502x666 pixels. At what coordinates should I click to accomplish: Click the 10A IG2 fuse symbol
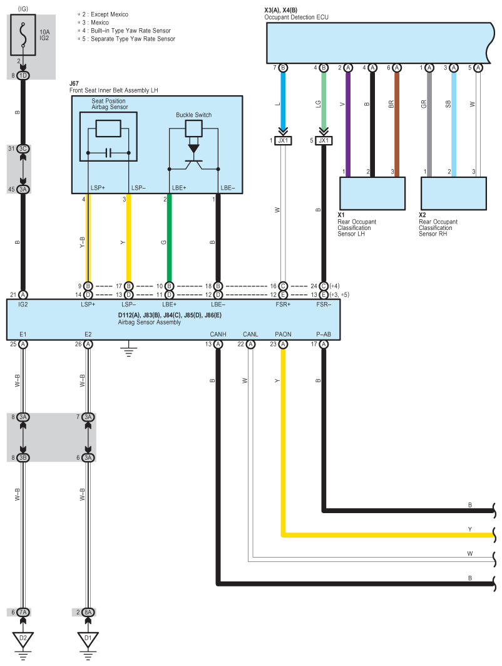23,35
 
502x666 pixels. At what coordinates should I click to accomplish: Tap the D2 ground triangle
23,638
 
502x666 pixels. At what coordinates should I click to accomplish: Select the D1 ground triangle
88,638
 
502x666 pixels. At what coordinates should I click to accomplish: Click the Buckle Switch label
193,115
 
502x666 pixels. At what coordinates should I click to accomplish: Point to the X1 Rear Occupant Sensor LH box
372,193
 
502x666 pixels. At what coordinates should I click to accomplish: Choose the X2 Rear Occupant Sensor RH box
453,193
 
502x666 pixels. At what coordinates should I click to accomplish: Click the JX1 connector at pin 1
283,140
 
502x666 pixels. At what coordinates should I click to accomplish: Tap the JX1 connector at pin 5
324,140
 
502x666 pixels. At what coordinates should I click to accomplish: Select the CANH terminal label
218,335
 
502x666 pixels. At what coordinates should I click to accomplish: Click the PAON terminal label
283,335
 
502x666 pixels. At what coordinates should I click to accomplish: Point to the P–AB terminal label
324,335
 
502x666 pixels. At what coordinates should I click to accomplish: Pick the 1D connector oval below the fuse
23,76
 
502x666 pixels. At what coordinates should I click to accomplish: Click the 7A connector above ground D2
23,612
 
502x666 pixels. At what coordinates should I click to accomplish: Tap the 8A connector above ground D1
88,612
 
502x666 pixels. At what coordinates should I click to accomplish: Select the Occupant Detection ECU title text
296,18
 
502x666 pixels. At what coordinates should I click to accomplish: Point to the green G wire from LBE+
169,238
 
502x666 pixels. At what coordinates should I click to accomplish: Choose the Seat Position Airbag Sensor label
109,104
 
